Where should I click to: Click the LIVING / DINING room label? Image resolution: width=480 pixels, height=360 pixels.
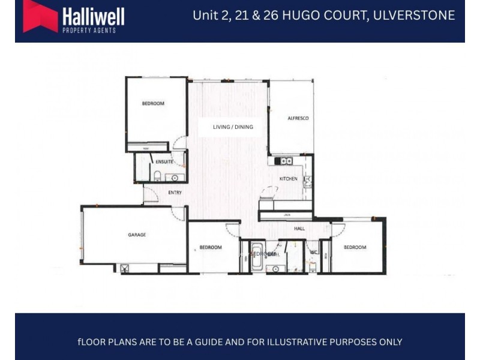click(x=233, y=127)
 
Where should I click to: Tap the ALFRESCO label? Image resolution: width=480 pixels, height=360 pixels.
click(x=298, y=119)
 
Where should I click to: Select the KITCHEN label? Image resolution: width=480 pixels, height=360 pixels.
click(x=289, y=179)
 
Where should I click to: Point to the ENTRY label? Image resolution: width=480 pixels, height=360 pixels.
click(x=175, y=193)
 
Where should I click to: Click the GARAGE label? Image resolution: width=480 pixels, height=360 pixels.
click(x=137, y=235)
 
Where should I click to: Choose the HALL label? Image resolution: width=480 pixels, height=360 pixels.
click(x=299, y=229)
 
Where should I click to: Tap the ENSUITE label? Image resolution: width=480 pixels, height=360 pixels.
click(x=164, y=162)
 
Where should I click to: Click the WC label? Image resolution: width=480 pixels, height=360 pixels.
click(x=313, y=253)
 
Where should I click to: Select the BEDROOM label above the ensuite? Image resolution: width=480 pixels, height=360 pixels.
click(x=153, y=104)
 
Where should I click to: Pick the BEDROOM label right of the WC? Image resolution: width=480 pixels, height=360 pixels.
click(x=355, y=247)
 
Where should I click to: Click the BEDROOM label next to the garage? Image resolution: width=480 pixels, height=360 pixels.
click(x=211, y=247)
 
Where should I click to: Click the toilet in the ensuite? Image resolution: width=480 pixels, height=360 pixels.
click(x=157, y=176)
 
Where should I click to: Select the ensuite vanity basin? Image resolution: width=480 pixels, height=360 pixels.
click(x=176, y=178)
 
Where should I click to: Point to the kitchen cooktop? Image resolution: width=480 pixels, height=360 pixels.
click(x=283, y=161)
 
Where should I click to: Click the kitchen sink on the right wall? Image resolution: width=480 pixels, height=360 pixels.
click(x=307, y=180)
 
